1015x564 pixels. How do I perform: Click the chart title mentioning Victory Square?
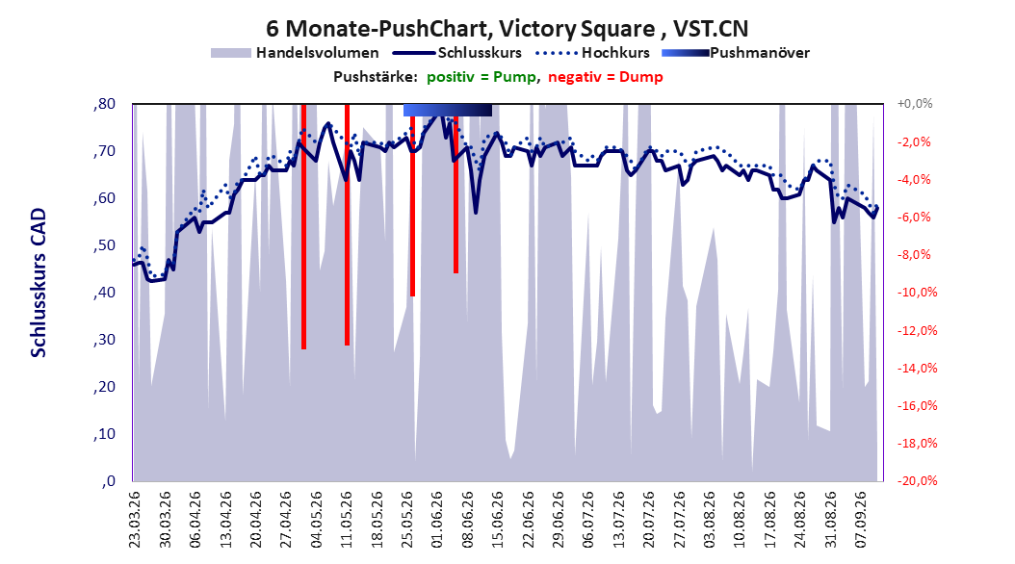click(507, 29)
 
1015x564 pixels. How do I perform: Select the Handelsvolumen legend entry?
click(296, 53)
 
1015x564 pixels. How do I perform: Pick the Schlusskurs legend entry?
click(457, 53)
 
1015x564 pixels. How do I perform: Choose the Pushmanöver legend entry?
click(736, 53)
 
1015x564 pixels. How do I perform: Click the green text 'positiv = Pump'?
click(481, 77)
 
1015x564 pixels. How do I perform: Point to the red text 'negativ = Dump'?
click(606, 77)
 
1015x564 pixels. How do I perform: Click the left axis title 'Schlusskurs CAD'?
click(39, 283)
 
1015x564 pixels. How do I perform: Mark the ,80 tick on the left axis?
click(104, 104)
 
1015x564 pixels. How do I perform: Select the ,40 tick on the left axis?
click(104, 293)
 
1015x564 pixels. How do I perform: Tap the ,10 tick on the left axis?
click(104, 434)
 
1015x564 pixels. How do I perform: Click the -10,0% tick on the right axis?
click(917, 293)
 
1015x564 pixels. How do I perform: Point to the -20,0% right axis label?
click(917, 480)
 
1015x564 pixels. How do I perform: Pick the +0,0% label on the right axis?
click(915, 104)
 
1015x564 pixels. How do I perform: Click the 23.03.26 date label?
click(134, 520)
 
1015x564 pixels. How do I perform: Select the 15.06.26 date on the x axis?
click(497, 520)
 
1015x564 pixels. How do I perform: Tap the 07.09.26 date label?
click(860, 520)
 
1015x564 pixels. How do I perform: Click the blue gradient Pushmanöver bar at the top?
click(447, 110)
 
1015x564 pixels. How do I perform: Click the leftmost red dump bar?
click(303, 226)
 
